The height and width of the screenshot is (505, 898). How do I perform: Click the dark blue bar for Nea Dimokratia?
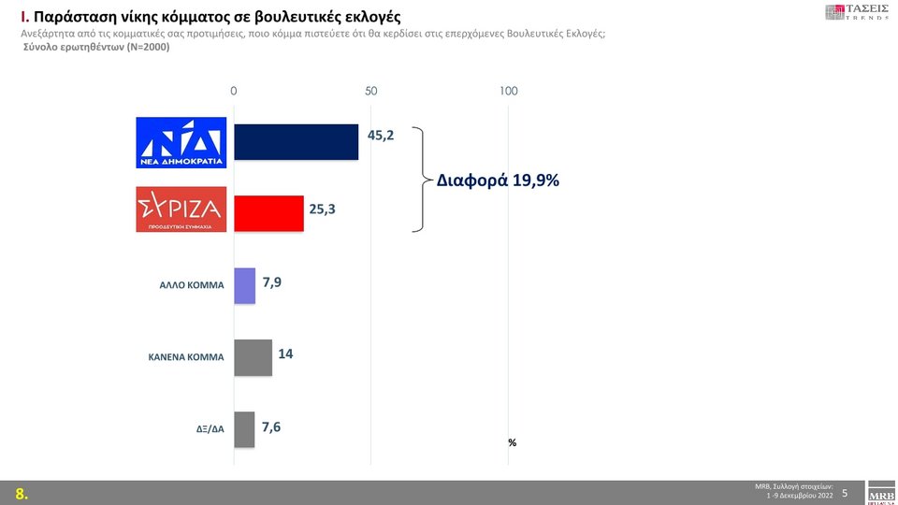[x=296, y=141]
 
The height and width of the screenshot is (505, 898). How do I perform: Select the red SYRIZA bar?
[x=268, y=213]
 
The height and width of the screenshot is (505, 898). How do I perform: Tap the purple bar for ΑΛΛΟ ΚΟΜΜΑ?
[x=244, y=285]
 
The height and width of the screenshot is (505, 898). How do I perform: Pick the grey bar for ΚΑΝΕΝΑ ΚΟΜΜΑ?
[x=253, y=357]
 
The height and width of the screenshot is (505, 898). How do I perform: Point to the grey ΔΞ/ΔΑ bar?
[x=243, y=429]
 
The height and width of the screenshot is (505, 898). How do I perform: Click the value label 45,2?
[x=381, y=136]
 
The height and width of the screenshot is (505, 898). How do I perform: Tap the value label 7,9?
[x=271, y=281]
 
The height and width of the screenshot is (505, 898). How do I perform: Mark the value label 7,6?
[x=271, y=426]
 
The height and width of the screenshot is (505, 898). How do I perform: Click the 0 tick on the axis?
[x=234, y=91]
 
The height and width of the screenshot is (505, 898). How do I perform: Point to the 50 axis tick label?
[x=370, y=91]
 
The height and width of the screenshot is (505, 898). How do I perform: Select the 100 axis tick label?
[x=508, y=91]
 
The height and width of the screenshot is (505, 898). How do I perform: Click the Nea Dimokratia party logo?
[x=181, y=142]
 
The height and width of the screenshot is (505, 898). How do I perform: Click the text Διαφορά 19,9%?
[x=498, y=180]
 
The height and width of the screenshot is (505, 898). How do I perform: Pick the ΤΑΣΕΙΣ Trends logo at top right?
[x=857, y=12]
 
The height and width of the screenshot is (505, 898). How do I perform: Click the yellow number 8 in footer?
[x=20, y=494]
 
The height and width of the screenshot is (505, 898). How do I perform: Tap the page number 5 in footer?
[x=845, y=492]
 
